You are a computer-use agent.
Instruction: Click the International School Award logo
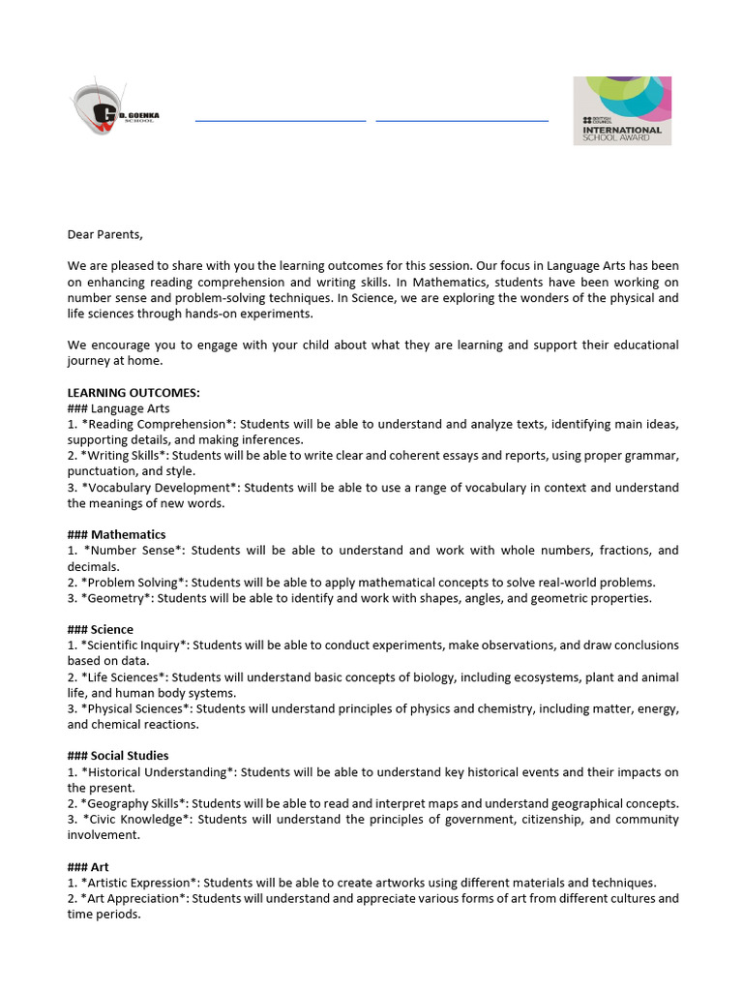point(622,111)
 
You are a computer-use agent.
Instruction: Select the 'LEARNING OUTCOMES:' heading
point(134,393)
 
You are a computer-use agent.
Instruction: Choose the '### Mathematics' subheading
point(116,534)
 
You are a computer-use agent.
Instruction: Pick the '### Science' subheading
point(101,629)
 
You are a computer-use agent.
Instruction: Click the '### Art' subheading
point(88,866)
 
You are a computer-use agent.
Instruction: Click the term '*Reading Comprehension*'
point(159,424)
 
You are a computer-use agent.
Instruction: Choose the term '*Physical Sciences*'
point(138,708)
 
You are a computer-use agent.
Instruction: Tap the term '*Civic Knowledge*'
point(139,819)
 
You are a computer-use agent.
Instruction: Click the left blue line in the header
point(281,121)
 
